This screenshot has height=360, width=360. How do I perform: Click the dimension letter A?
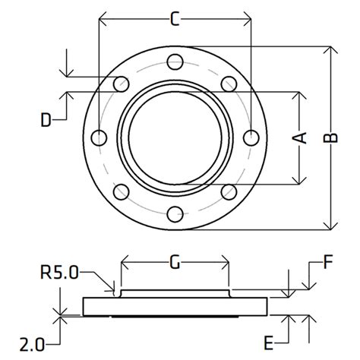[x=301, y=137]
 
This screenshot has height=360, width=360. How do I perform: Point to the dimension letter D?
[x=47, y=119]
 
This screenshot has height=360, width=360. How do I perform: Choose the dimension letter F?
[x=328, y=264]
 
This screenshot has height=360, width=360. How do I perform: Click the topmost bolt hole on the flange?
[x=175, y=62]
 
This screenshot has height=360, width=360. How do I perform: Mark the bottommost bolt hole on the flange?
[x=175, y=213]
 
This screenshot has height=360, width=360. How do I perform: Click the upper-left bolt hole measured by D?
[x=121, y=84]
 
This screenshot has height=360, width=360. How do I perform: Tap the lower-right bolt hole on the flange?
[x=229, y=191]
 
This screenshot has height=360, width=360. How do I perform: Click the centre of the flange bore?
[x=175, y=137]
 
